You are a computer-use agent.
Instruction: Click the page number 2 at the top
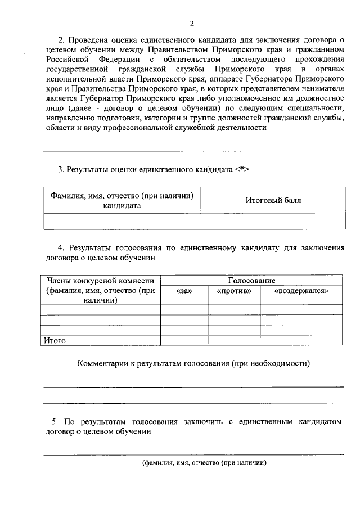point(191,23)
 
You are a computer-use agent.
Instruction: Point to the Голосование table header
point(251,280)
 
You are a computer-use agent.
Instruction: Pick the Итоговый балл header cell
point(273,200)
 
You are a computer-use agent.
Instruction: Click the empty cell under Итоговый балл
point(273,221)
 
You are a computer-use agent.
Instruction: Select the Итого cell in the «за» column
point(184,340)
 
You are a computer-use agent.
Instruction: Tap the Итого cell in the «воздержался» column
point(301,340)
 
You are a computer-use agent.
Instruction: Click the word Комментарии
point(101,364)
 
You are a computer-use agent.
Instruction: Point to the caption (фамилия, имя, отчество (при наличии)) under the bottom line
point(204,463)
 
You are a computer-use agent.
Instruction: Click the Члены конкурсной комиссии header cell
point(100,290)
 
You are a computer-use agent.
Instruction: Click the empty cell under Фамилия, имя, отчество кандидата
point(121,221)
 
